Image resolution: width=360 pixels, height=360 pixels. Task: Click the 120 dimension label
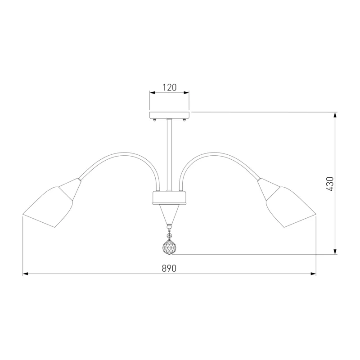tap(170, 87)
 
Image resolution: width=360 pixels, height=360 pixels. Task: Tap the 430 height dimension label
tap(330, 184)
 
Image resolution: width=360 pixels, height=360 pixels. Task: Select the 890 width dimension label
tap(169, 268)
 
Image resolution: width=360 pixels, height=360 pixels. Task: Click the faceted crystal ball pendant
tap(170, 247)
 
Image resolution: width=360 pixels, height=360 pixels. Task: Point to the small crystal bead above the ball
tap(170, 235)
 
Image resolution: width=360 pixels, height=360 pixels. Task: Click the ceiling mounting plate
tap(170, 115)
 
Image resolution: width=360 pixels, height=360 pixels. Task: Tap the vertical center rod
tap(170, 155)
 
